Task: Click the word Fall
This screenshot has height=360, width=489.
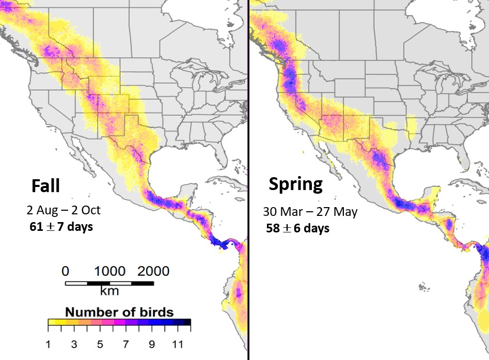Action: tap(45, 185)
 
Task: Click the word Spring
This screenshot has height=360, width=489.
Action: tap(295, 183)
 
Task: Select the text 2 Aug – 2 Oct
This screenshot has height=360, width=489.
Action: tap(64, 210)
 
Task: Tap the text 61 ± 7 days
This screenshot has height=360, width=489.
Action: tap(62, 226)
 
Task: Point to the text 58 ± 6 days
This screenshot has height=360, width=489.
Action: tap(297, 228)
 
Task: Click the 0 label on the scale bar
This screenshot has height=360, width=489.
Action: tap(65, 271)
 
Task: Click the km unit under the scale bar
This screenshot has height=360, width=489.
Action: tap(109, 291)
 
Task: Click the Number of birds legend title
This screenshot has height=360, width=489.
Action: tap(119, 312)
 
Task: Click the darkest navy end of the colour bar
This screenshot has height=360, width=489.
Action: tap(187, 323)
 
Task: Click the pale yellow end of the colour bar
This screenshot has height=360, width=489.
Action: tap(51, 323)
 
